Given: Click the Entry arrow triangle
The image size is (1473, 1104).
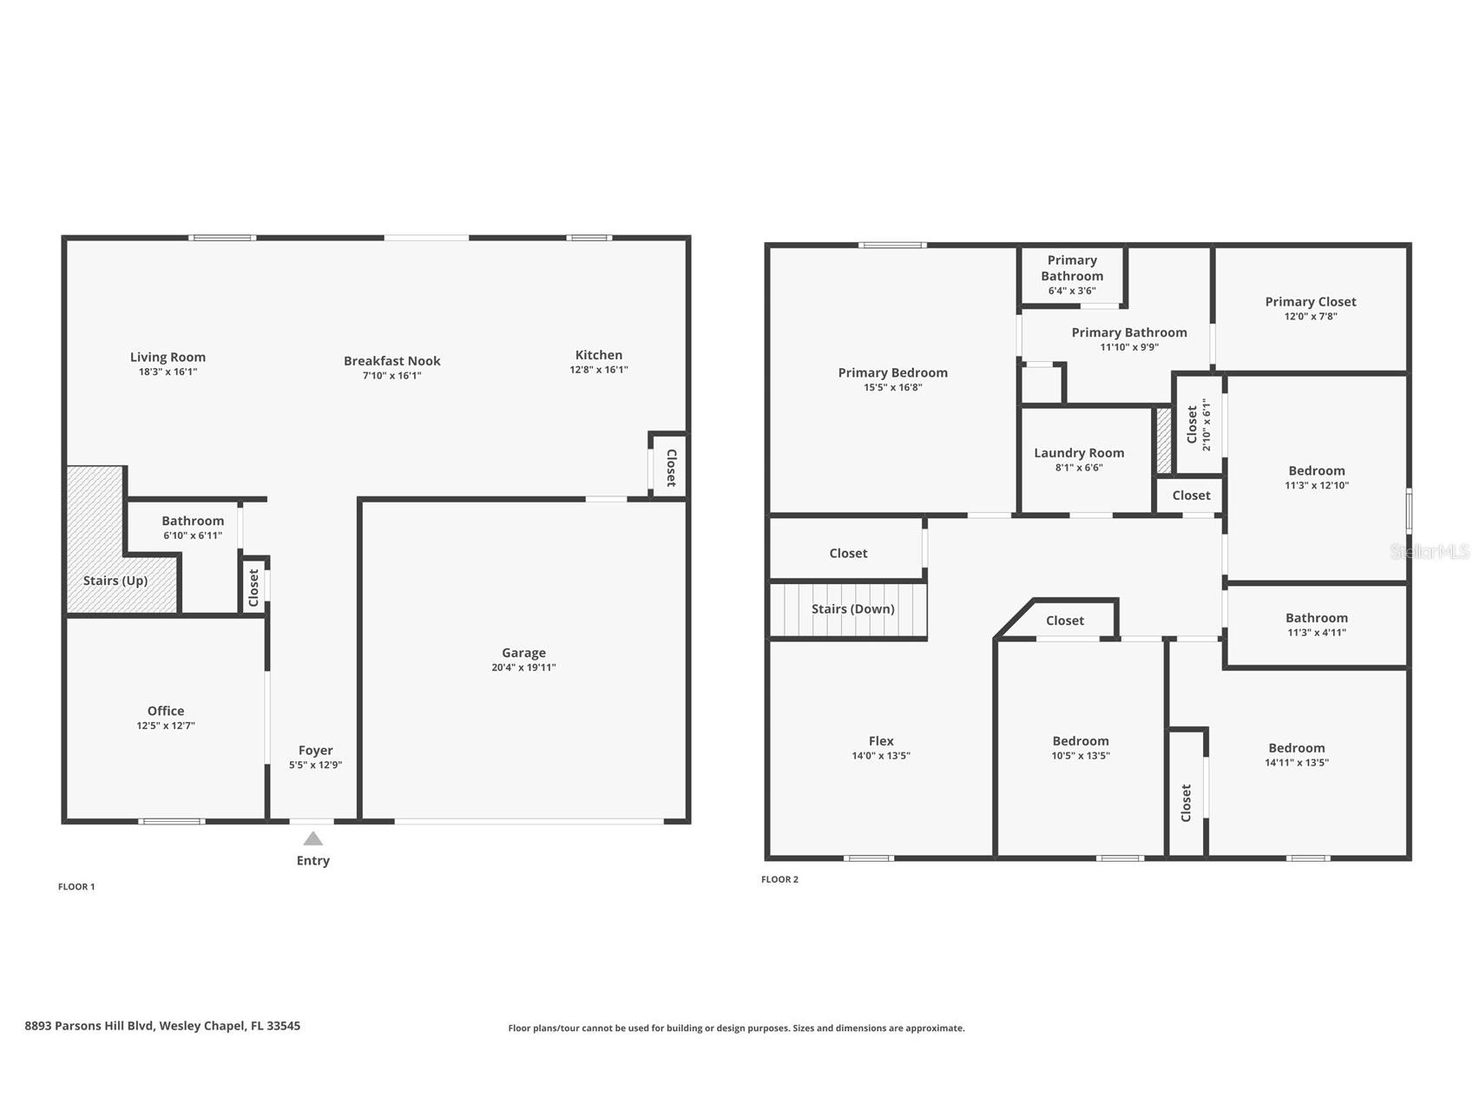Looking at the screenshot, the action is [313, 838].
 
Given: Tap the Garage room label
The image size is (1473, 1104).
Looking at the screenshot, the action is [523, 653].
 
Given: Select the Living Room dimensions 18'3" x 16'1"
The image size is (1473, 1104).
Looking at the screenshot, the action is [168, 371].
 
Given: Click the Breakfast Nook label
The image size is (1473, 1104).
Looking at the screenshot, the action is [391, 360].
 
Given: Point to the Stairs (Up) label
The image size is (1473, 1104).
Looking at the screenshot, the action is [115, 581].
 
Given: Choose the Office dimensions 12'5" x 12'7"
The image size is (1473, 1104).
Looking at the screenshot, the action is [166, 726].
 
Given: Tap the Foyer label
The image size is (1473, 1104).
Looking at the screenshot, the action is [316, 750].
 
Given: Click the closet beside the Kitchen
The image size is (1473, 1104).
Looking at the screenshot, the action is [670, 467].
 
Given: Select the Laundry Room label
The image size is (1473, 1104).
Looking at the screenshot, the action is [1079, 452].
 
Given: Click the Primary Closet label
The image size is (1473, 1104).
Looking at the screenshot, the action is [1311, 301].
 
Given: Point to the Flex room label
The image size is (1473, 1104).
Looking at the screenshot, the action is [881, 740].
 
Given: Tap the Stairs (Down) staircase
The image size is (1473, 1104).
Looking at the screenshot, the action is [848, 610].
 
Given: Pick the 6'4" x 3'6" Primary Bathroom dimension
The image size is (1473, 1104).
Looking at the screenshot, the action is [1072, 291].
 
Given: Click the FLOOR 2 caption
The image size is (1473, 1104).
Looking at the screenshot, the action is [779, 879].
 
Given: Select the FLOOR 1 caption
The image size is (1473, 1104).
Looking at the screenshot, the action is [76, 886].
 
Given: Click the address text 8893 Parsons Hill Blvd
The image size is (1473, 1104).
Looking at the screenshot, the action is [89, 1025].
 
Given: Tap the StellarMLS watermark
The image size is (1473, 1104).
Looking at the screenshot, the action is [1430, 551].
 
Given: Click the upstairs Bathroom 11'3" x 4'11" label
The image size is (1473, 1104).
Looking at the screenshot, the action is [1317, 617].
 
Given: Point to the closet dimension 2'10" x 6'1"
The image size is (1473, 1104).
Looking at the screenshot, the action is [1206, 424].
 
